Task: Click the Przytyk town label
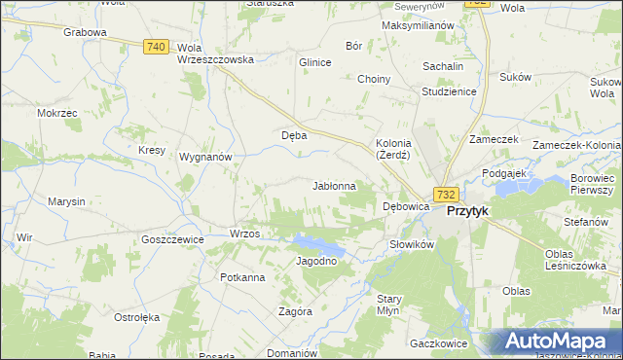tap(467, 210)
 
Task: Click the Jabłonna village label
tap(334, 185)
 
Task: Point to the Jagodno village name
tap(315, 261)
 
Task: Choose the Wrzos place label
tap(243, 234)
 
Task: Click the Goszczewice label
tap(171, 238)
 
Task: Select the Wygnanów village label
tap(204, 156)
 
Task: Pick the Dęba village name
tap(294, 135)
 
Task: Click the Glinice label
tap(315, 62)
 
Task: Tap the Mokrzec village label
tap(56, 113)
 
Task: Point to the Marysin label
tap(66, 201)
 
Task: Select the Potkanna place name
tap(242, 277)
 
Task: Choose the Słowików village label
tap(411, 244)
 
